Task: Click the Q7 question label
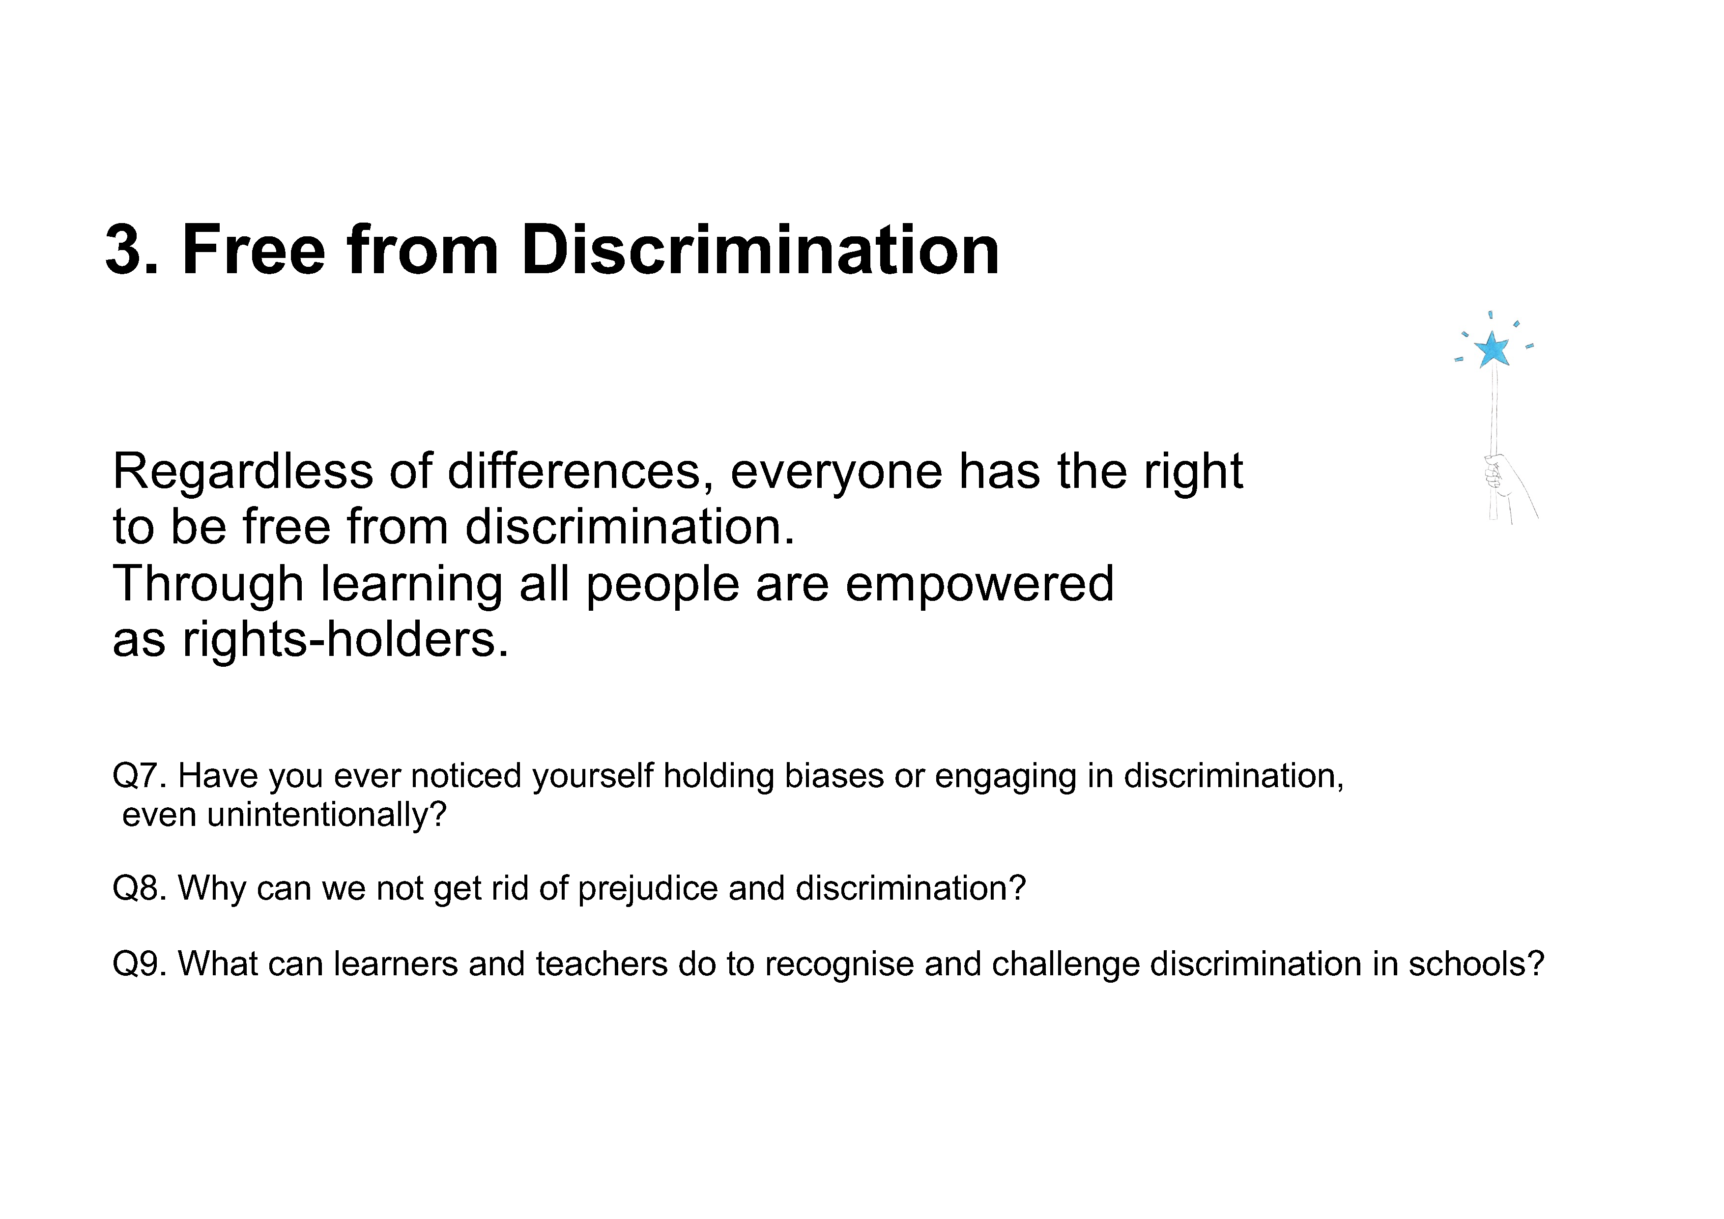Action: point(139,776)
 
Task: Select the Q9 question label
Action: point(139,964)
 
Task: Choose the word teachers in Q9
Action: point(602,964)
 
